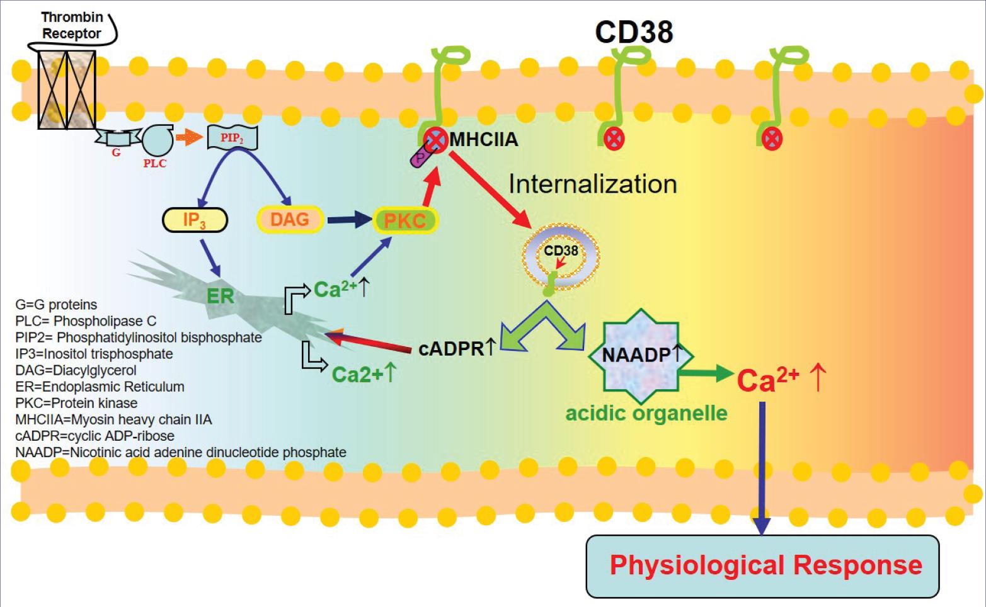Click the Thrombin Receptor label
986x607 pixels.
tap(72, 26)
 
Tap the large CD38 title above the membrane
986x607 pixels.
tap(634, 32)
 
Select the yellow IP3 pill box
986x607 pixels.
tap(195, 220)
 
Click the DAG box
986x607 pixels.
tap(290, 220)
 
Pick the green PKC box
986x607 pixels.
tap(405, 221)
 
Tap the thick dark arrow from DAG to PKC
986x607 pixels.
tap(350, 220)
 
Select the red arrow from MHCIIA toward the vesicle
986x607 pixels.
tap(491, 188)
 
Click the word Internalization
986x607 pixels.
tap(592, 184)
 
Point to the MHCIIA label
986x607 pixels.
tap(483, 139)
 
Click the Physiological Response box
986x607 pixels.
tap(762, 565)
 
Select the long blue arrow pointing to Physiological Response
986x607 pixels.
tap(762, 466)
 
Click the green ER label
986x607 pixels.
tap(220, 295)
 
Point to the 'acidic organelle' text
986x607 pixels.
tap(646, 413)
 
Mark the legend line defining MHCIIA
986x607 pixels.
tap(114, 419)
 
